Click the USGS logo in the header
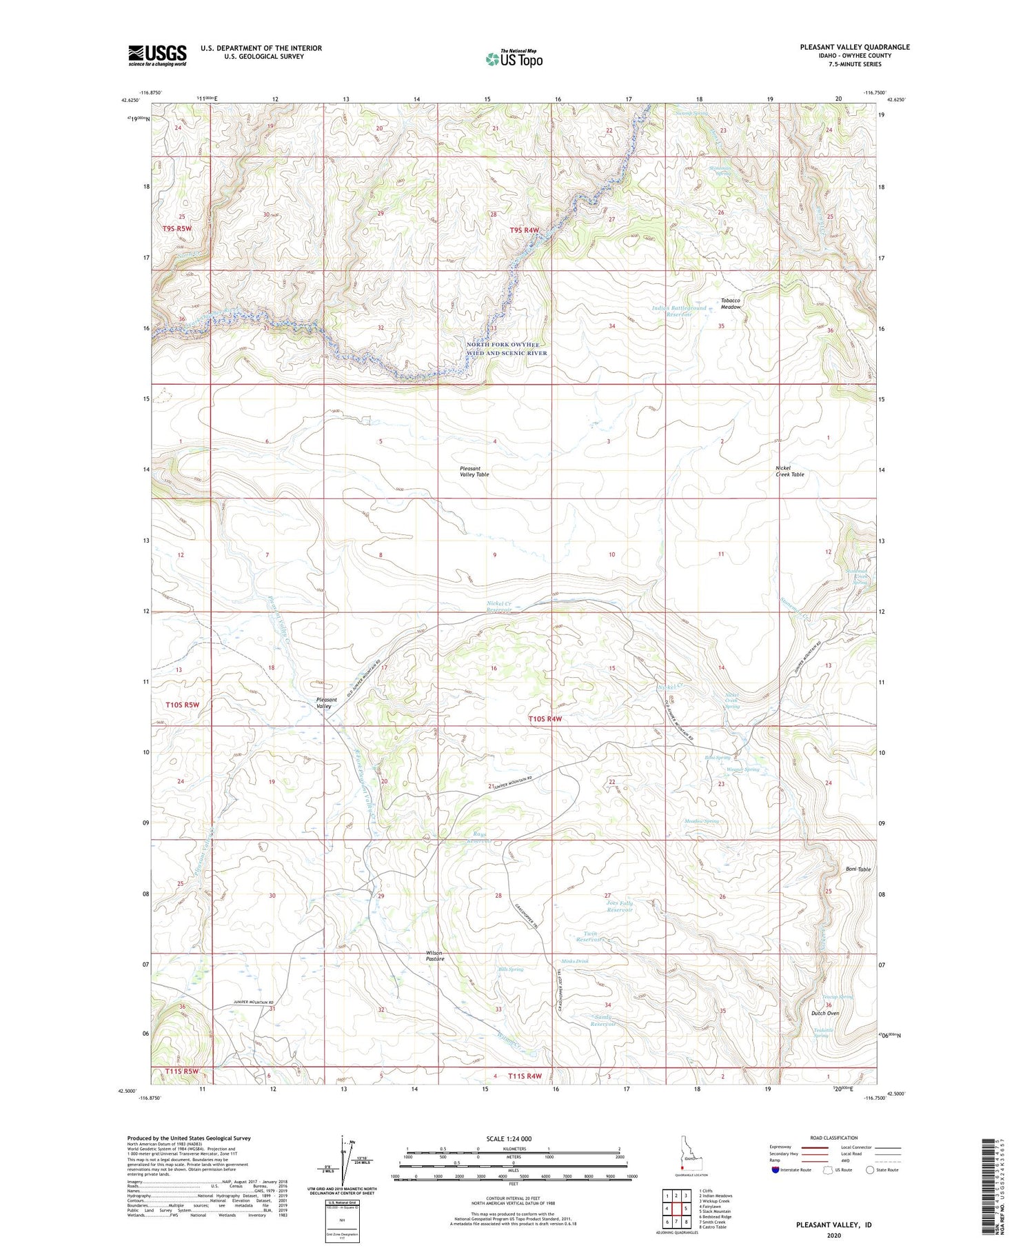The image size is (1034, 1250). point(157,55)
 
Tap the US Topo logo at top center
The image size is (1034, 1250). point(514,59)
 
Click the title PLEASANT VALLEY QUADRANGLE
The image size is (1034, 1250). point(854,47)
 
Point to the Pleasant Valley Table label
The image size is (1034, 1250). point(474,472)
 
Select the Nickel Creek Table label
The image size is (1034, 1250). point(789,471)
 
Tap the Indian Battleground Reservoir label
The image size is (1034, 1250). point(679,311)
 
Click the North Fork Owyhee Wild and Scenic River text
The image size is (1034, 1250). point(507,348)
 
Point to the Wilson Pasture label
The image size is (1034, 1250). point(435,956)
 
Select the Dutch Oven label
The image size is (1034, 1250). point(824,1013)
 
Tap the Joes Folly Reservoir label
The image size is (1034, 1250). point(620,906)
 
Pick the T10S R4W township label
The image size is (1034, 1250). point(545,719)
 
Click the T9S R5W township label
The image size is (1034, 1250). point(177,228)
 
